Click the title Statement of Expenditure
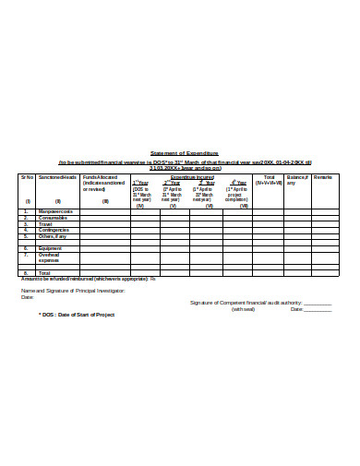[185, 153]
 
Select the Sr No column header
[28, 176]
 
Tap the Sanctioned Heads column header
[57, 176]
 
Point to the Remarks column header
[323, 176]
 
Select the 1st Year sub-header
[140, 183]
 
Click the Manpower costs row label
[56, 211]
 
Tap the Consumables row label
[54, 219]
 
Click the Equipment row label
[51, 247]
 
